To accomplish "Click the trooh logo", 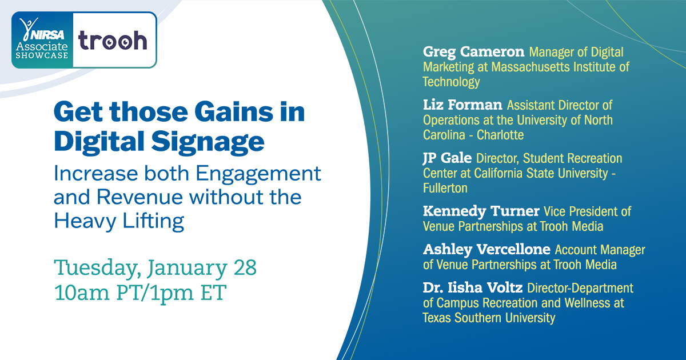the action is click(x=113, y=41).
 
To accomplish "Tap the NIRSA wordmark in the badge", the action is click(x=47, y=35).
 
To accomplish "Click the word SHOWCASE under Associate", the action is click(x=42, y=55).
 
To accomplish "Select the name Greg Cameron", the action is click(x=473, y=52).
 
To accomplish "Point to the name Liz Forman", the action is click(x=462, y=105).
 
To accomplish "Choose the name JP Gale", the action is click(x=447, y=158).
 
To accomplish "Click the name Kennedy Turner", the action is click(x=481, y=211).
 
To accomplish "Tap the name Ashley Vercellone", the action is click(x=486, y=250).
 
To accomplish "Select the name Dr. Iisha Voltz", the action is click(x=473, y=288).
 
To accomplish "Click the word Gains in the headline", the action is click(x=233, y=112).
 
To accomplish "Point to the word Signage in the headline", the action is click(x=208, y=142).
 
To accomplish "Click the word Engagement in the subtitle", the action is click(x=258, y=174).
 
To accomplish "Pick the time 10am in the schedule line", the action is click(x=82, y=293).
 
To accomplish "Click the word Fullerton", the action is click(x=445, y=188).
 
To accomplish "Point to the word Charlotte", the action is click(x=500, y=135).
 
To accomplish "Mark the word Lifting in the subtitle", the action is click(x=153, y=222).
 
